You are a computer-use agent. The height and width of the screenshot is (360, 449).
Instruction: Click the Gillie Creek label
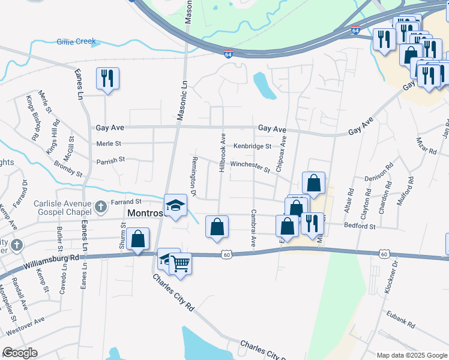click(76, 41)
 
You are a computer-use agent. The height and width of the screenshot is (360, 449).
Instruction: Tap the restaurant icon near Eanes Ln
click(107, 79)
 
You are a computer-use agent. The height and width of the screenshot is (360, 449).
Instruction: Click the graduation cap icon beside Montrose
click(175, 205)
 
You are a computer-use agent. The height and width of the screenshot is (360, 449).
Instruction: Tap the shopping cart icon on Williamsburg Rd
click(180, 263)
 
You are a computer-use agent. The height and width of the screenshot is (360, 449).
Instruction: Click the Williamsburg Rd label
click(51, 261)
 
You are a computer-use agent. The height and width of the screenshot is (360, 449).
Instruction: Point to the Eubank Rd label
click(401, 324)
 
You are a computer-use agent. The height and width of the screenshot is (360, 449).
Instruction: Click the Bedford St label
click(360, 227)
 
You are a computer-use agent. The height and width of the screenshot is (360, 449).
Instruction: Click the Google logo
click(20, 352)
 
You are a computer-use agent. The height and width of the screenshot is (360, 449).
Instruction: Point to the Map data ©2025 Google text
click(411, 355)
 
